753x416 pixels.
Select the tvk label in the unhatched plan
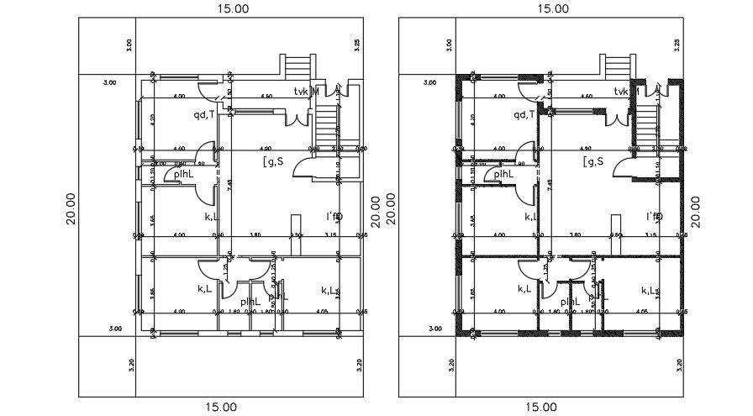301,91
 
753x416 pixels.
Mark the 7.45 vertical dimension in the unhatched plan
228,184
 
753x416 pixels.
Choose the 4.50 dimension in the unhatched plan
266,97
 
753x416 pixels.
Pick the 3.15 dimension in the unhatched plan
331,236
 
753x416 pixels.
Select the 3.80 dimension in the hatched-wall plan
578,236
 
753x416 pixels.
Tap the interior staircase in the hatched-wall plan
645,124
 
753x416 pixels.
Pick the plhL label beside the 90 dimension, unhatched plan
183,174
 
